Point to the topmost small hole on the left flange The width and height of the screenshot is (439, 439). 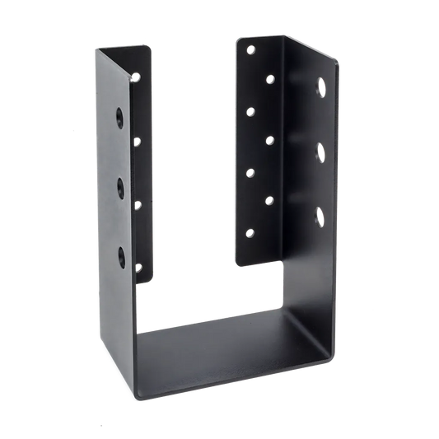pos(138,77)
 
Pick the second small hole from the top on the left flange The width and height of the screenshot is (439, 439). pos(137,142)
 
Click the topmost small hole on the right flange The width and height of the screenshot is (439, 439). pos(251,50)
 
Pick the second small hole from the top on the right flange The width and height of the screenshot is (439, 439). pos(270,79)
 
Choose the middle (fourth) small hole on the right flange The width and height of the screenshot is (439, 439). pos(270,139)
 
